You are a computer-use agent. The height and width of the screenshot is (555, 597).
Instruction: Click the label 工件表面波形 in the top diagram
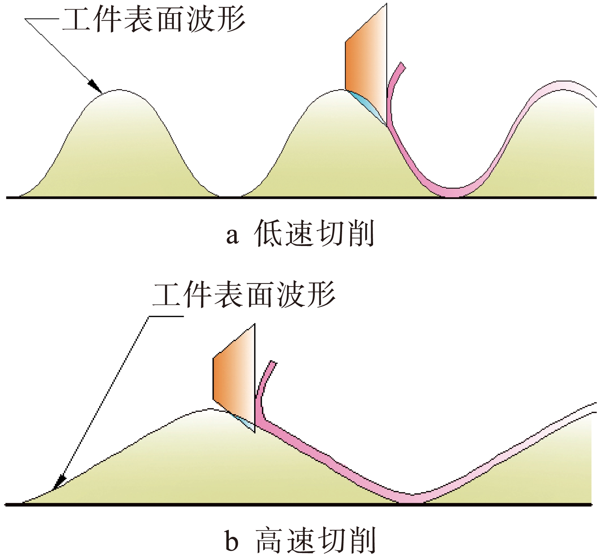154,19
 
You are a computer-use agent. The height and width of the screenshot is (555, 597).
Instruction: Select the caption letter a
232,236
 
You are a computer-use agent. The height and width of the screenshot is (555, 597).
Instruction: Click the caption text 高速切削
315,540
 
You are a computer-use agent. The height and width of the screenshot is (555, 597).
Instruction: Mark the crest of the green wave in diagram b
209,410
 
